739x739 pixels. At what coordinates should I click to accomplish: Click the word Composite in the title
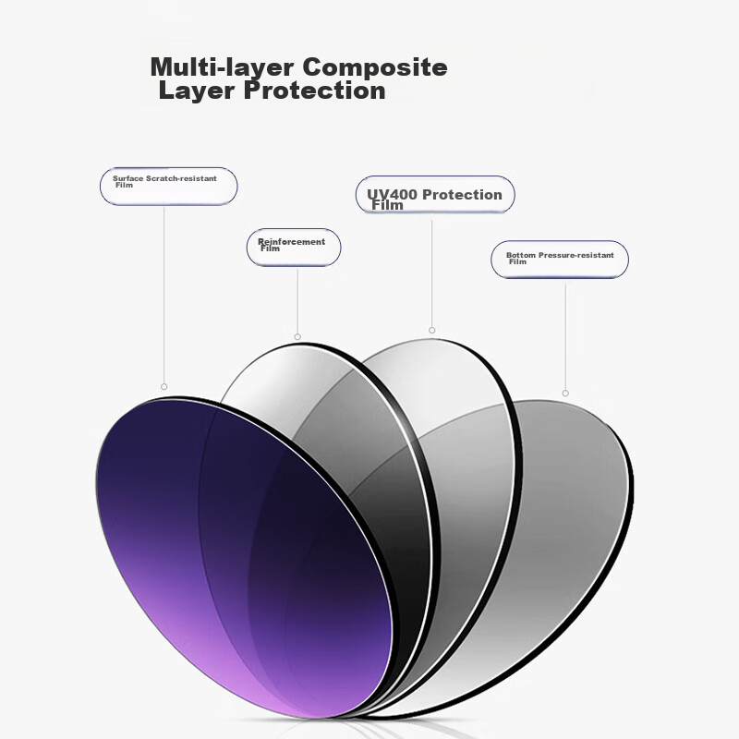click(375, 67)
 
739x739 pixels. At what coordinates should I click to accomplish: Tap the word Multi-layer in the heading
click(222, 67)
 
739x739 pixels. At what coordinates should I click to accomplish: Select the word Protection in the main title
click(314, 90)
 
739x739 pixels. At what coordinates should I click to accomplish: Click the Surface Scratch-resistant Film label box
click(169, 187)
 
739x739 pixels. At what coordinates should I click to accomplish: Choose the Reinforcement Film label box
click(294, 248)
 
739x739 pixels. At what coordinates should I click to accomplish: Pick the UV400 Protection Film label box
click(435, 194)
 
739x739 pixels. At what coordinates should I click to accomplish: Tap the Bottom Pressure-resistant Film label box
click(560, 260)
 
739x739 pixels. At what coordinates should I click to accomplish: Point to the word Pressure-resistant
click(575, 255)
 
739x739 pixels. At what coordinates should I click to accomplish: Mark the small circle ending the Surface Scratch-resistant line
click(164, 387)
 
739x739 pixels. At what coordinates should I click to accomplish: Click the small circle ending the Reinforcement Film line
click(297, 337)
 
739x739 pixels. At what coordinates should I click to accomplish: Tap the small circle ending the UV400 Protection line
click(431, 331)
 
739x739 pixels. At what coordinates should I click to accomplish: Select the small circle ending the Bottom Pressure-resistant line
click(565, 394)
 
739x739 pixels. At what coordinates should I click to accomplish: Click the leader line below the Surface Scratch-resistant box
click(164, 295)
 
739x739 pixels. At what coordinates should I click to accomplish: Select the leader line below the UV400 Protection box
click(431, 271)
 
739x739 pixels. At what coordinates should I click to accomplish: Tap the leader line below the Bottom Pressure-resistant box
click(565, 334)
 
